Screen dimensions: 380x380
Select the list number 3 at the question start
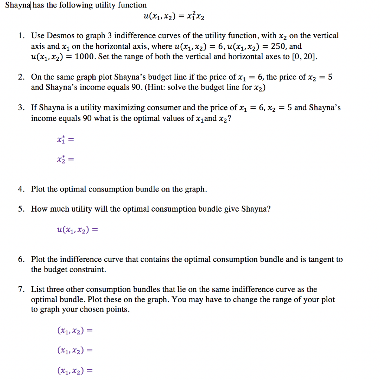(x=22, y=108)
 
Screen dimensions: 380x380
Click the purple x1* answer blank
(x=65, y=140)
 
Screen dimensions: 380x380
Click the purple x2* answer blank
(x=65, y=160)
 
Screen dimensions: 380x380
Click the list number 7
(x=22, y=289)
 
